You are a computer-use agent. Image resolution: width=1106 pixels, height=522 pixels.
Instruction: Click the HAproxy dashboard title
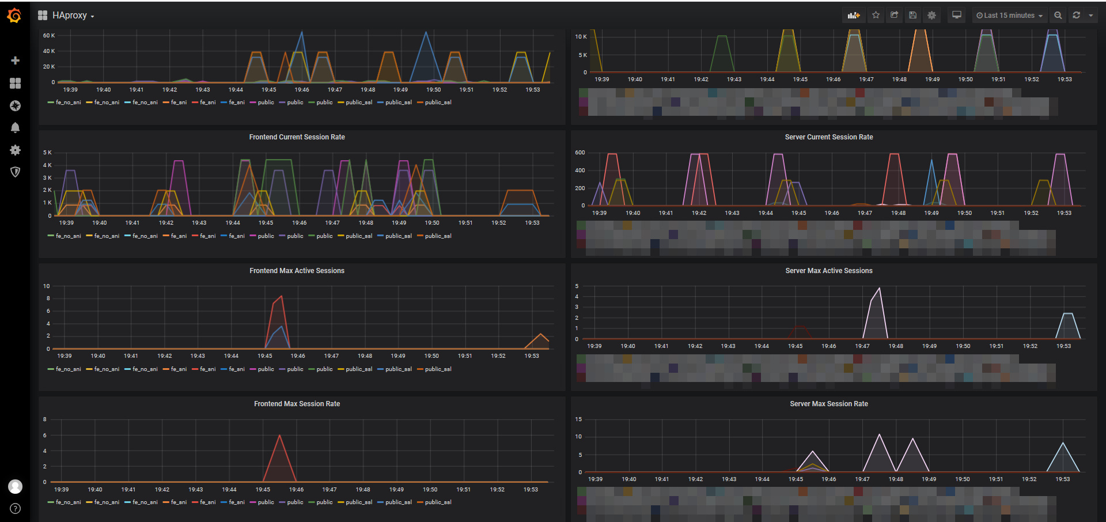click(x=69, y=16)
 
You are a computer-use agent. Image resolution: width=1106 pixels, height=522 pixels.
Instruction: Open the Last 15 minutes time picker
click(x=1009, y=16)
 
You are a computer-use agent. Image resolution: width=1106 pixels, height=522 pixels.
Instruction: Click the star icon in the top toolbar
click(x=876, y=16)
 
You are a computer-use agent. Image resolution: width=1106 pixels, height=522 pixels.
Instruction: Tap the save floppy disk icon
click(x=913, y=16)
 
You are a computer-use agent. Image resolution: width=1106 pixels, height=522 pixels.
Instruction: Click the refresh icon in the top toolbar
click(x=1076, y=16)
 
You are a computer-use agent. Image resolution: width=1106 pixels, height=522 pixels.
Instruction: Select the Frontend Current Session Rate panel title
click(x=297, y=137)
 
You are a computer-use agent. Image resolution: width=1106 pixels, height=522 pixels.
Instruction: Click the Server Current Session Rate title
click(x=828, y=137)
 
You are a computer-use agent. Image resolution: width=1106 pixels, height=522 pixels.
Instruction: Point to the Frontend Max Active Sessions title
click(x=297, y=271)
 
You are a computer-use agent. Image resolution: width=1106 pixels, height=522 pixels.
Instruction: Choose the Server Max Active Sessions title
click(x=828, y=271)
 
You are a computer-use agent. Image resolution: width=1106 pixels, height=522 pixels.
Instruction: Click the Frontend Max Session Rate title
click(x=297, y=404)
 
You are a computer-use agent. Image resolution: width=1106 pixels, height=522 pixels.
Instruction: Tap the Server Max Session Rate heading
click(x=828, y=404)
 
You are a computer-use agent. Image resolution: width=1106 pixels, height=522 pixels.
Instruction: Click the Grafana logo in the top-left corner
click(x=15, y=16)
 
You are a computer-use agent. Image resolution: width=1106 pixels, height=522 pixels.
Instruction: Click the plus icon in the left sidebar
click(x=16, y=60)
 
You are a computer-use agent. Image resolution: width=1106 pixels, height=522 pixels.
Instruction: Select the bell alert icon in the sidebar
click(x=16, y=128)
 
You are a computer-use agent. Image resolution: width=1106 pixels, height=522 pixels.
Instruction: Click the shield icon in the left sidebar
click(x=16, y=172)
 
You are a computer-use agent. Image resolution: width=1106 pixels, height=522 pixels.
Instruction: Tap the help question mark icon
click(x=16, y=509)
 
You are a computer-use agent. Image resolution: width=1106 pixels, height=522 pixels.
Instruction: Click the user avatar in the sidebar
click(x=16, y=487)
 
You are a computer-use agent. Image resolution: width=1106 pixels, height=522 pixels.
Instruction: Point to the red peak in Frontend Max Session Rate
click(x=279, y=436)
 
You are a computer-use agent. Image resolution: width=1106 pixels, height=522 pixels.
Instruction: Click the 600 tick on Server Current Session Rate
click(x=579, y=153)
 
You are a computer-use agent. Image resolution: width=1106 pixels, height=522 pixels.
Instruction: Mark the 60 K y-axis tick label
click(x=49, y=36)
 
